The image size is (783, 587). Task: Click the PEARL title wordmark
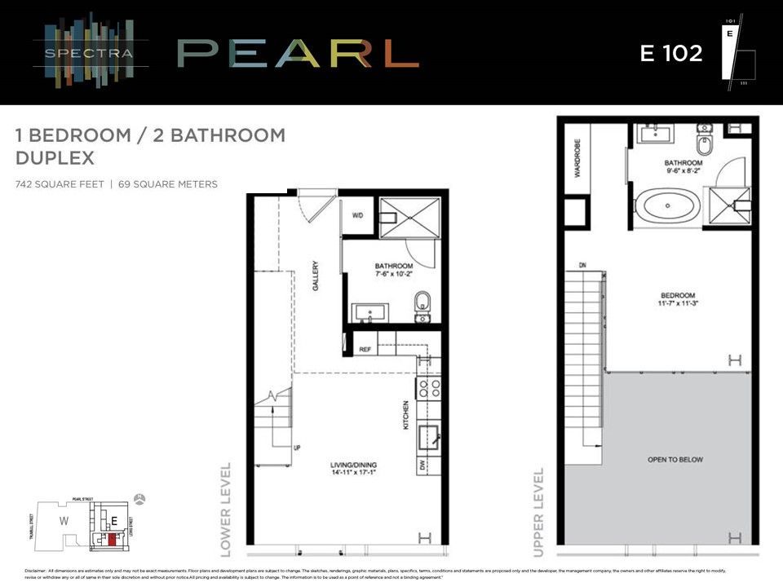coord(298,53)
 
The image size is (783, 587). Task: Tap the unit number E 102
coord(670,53)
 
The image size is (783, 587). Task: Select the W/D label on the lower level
coord(358,216)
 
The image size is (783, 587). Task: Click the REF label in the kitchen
coord(366,349)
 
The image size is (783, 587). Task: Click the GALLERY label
coord(314,276)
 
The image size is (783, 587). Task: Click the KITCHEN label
coord(405,415)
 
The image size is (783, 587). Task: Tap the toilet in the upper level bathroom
coord(705,143)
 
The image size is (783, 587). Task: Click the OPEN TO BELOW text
coord(675,460)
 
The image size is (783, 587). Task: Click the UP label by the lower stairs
coord(298,448)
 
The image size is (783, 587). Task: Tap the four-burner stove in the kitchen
coord(429,386)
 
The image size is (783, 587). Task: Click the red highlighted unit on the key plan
coord(112,539)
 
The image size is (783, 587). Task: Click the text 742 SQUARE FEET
coord(60,184)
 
